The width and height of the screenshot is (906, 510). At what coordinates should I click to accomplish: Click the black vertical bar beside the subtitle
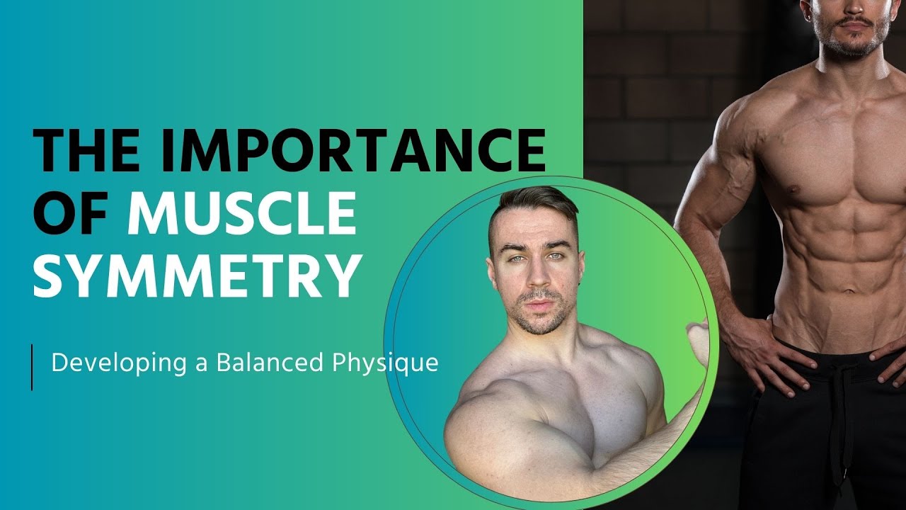pyautogui.click(x=32, y=366)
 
